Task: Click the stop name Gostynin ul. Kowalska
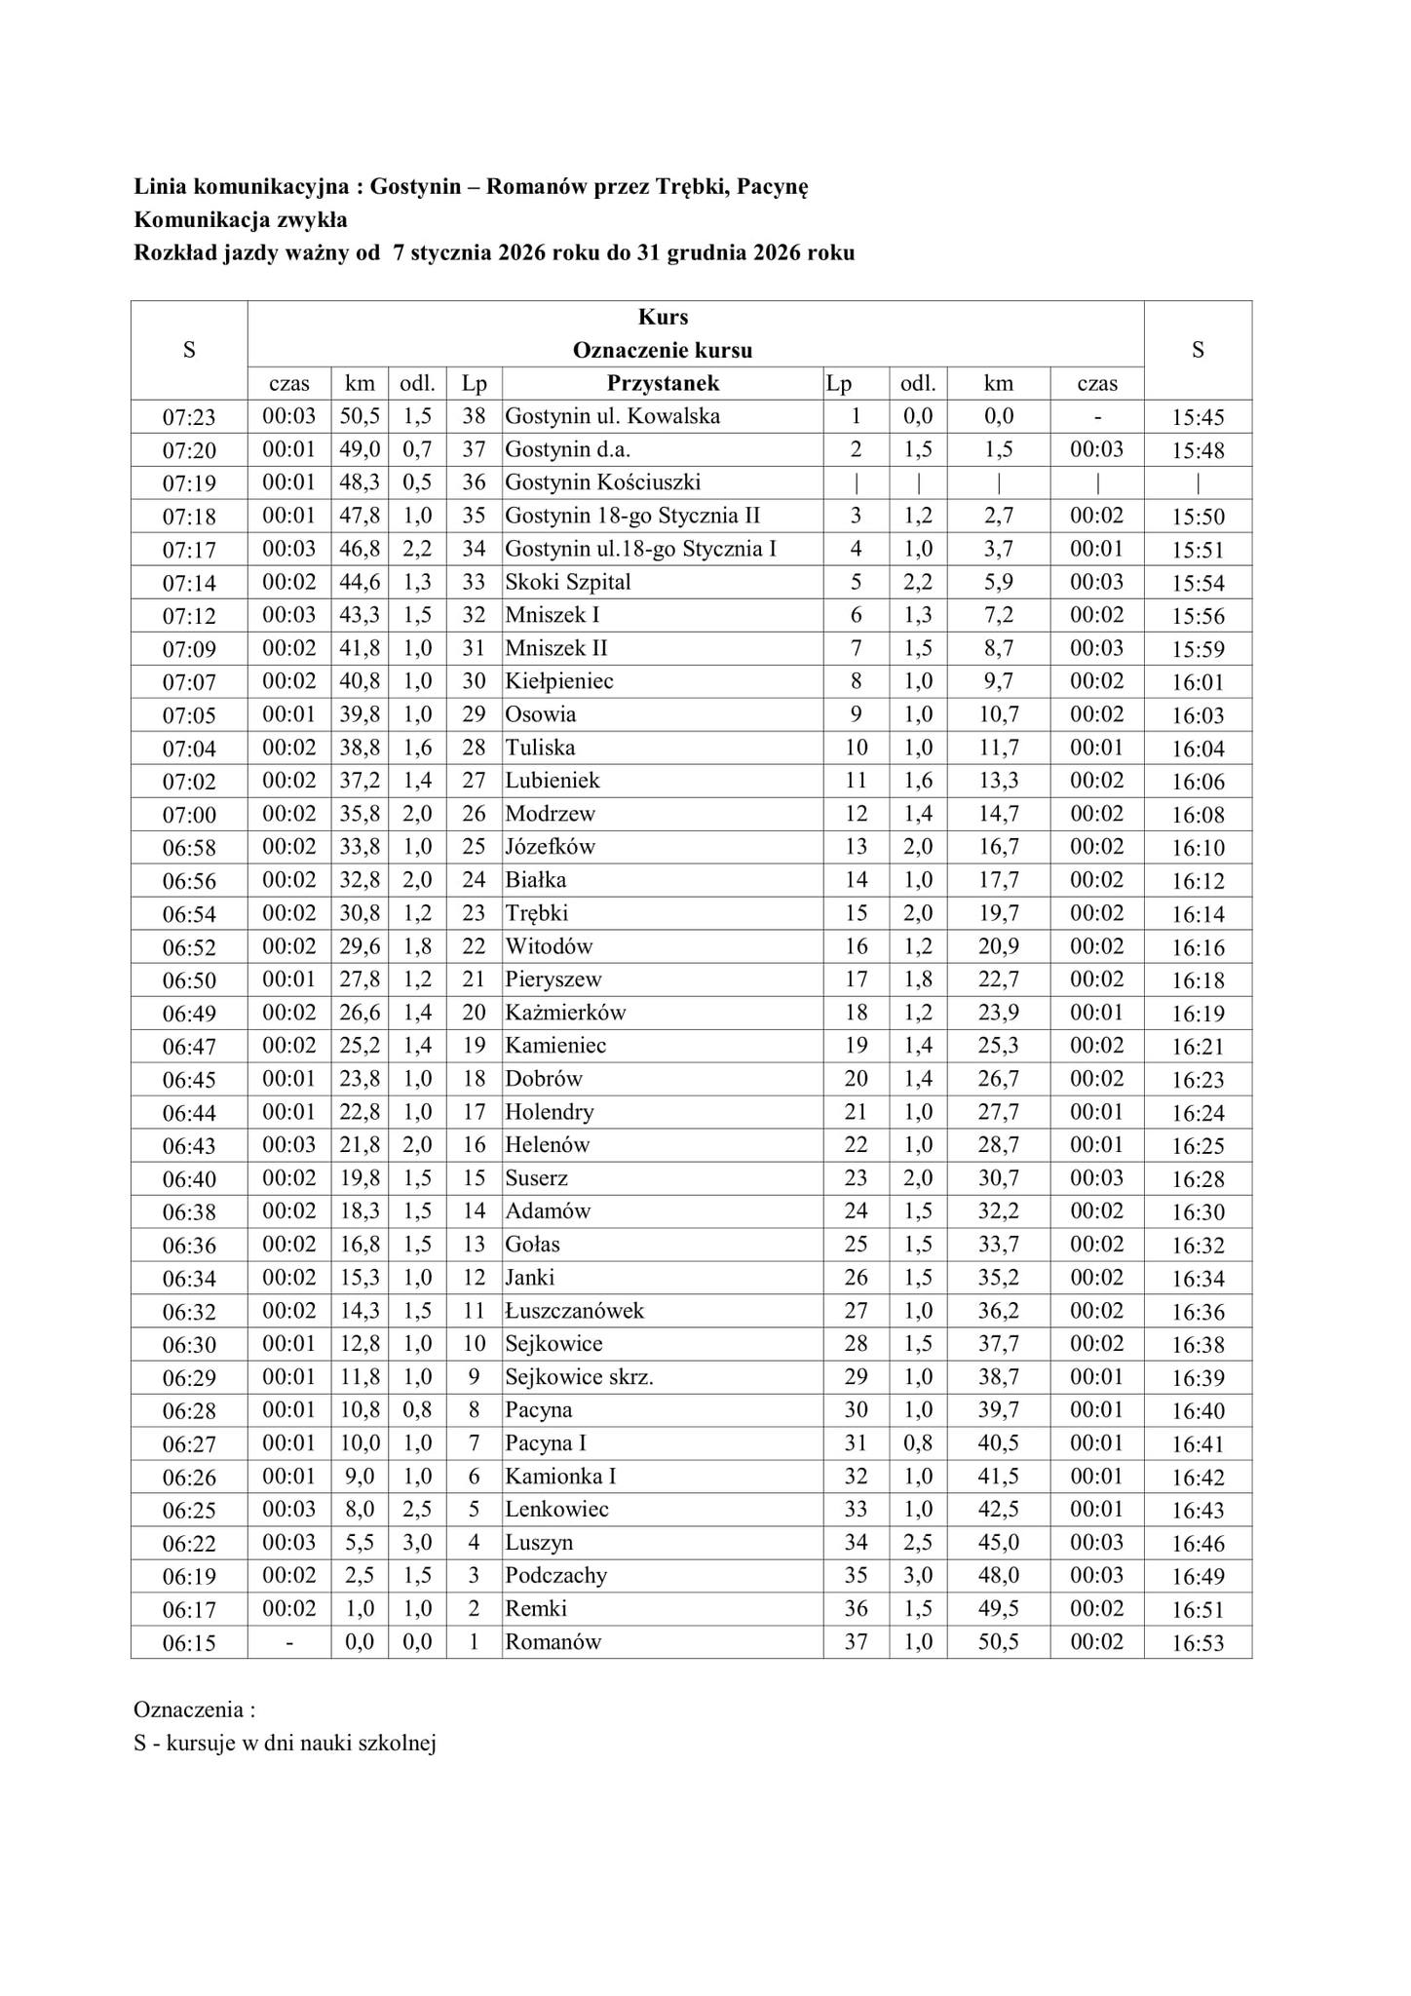tap(612, 416)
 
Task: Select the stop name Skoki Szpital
tap(567, 582)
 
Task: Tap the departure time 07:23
tap(189, 418)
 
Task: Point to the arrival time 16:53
tap(1198, 1644)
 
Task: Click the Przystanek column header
tap(663, 383)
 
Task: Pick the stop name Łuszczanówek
tap(574, 1311)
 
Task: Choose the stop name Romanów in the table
tap(553, 1642)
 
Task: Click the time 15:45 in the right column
tap(1198, 418)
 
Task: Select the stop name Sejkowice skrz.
tap(579, 1377)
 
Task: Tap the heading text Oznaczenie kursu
tap(663, 350)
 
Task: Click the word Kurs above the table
tap(663, 317)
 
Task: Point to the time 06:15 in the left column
tap(189, 1644)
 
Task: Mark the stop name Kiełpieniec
tap(558, 681)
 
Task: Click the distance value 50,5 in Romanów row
tap(998, 1642)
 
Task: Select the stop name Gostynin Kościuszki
tap(602, 482)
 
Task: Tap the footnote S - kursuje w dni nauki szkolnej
tap(285, 1744)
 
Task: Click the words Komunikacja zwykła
tap(240, 219)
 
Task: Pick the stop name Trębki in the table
tap(536, 913)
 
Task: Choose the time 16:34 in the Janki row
tap(1198, 1279)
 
